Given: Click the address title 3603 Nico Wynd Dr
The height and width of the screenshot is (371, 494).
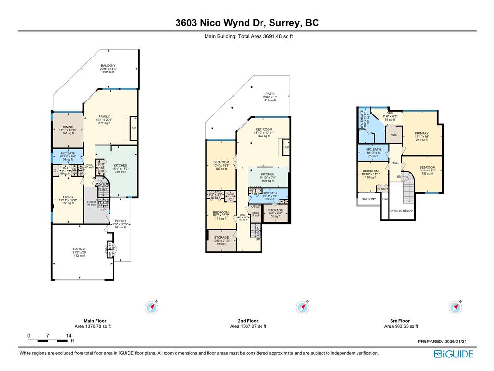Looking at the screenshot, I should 247,23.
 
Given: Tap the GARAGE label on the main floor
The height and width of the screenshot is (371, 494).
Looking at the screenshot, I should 79,249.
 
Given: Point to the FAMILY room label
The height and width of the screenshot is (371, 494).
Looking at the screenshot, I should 104,117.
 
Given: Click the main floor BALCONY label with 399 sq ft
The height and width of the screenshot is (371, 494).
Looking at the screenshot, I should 108,66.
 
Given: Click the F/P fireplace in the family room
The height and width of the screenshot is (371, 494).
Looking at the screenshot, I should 134,128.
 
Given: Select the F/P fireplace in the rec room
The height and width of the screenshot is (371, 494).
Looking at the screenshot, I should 287,147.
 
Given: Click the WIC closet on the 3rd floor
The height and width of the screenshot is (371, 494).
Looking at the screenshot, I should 394,135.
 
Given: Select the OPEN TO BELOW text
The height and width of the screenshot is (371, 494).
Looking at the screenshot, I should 401,211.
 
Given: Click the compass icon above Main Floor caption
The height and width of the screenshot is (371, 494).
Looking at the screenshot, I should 152,307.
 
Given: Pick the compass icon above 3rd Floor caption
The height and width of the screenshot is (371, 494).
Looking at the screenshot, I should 454,307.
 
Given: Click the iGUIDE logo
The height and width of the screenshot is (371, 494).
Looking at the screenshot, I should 453,354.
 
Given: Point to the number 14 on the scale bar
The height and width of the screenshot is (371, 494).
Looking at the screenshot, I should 69,336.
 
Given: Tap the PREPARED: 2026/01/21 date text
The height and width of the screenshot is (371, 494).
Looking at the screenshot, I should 442,342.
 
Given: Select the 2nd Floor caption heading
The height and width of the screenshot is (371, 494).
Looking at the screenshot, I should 247,321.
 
